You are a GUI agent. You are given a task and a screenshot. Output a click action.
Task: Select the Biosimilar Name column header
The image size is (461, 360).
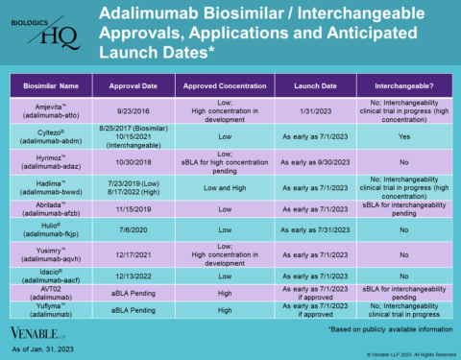tap(52, 84)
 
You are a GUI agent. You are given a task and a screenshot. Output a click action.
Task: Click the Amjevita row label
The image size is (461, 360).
tap(52, 107)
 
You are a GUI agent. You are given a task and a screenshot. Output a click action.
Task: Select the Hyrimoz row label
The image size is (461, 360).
tap(52, 158)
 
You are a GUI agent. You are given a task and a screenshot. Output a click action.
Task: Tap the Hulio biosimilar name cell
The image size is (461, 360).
tap(52, 231)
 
